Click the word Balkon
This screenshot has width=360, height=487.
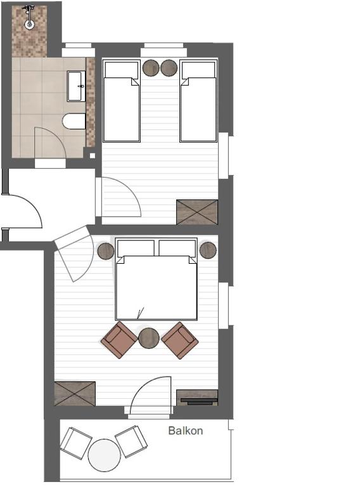(x=186, y=431)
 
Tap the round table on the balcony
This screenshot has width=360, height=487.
(x=104, y=455)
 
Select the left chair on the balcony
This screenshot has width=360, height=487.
(x=76, y=443)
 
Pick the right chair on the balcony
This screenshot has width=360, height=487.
(x=131, y=441)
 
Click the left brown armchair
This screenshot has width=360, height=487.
(x=119, y=340)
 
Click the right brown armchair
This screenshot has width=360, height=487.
(x=180, y=340)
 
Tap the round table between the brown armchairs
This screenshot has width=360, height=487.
(x=149, y=337)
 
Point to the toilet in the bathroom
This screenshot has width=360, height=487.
(x=74, y=121)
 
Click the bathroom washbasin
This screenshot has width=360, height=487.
(x=76, y=86)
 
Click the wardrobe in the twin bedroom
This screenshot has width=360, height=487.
(x=196, y=212)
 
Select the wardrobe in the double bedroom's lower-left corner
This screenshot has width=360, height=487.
(x=75, y=393)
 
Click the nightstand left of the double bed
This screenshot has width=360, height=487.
(x=106, y=251)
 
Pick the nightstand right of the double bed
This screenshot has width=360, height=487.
(x=208, y=250)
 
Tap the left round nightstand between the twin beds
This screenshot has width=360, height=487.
(x=151, y=68)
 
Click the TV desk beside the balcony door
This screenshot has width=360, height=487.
(x=196, y=397)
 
